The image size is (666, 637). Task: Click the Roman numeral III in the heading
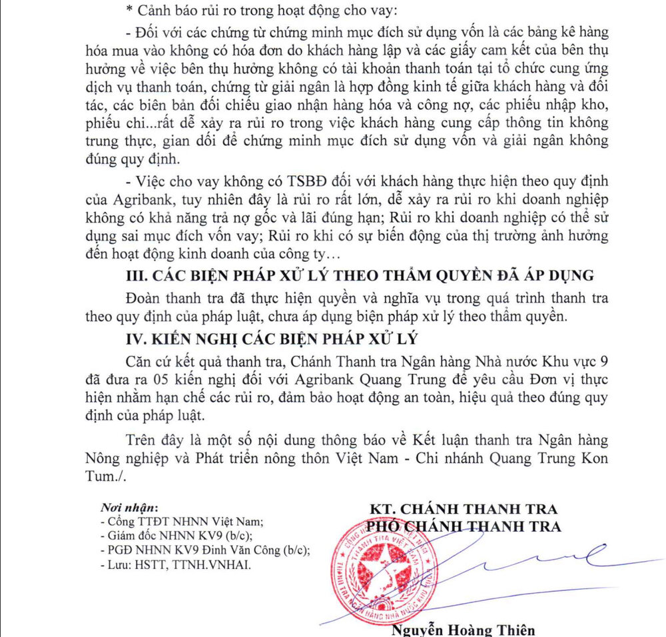[x=139, y=275]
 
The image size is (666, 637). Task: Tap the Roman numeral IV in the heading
[x=137, y=338]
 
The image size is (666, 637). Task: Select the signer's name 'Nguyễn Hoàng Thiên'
[x=464, y=630]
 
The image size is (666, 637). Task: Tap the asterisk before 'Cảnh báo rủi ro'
[x=129, y=10]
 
